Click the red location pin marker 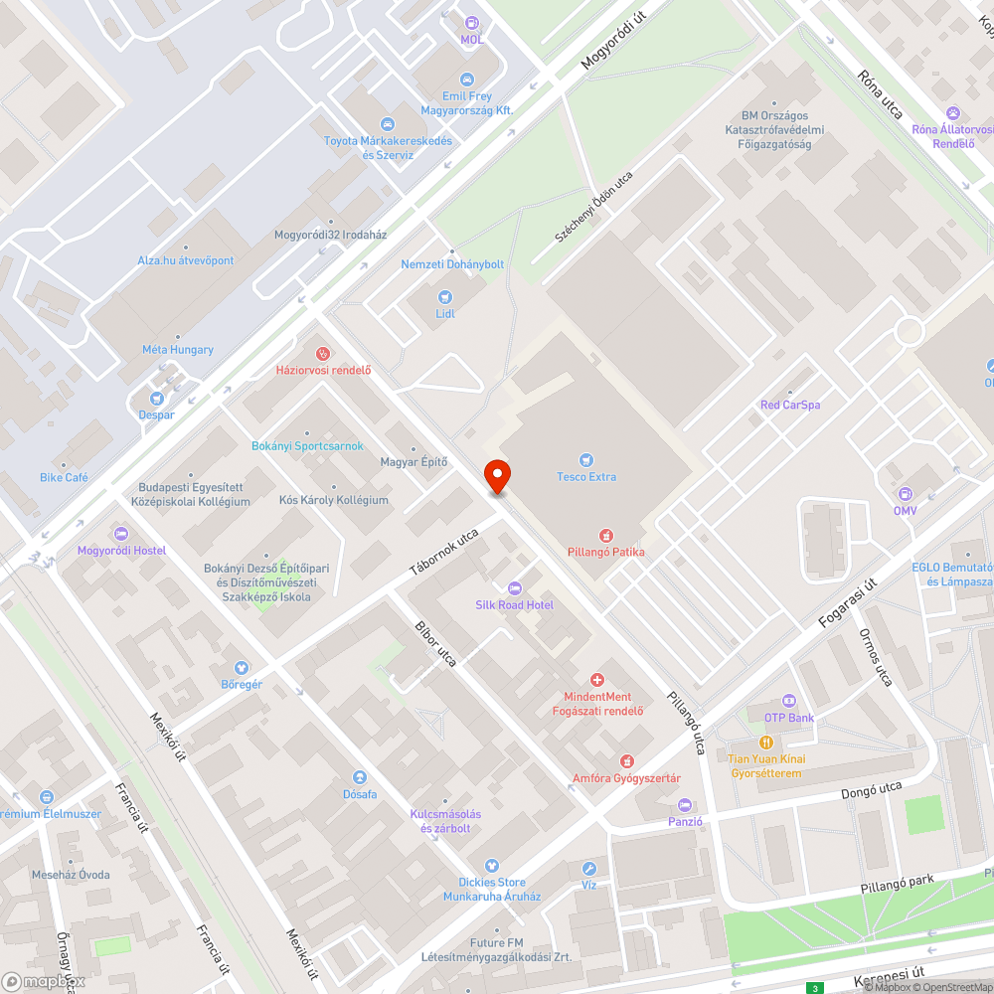pyautogui.click(x=496, y=475)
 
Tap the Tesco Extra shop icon pyautogui.click(x=586, y=459)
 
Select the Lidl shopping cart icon pyautogui.click(x=444, y=296)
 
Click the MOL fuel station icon pyautogui.click(x=471, y=22)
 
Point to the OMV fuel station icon pyautogui.click(x=905, y=494)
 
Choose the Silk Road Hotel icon pyautogui.click(x=514, y=587)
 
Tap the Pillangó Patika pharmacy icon pyautogui.click(x=605, y=535)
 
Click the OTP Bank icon pyautogui.click(x=789, y=701)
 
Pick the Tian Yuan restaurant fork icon pyautogui.click(x=766, y=743)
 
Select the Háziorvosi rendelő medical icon pyautogui.click(x=322, y=353)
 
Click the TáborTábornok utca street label pyautogui.click(x=444, y=553)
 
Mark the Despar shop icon pyautogui.click(x=157, y=398)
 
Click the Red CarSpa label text pyautogui.click(x=789, y=405)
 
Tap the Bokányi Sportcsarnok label pyautogui.click(x=307, y=446)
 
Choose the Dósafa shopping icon pyautogui.click(x=360, y=777)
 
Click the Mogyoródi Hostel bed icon pyautogui.click(x=121, y=534)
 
